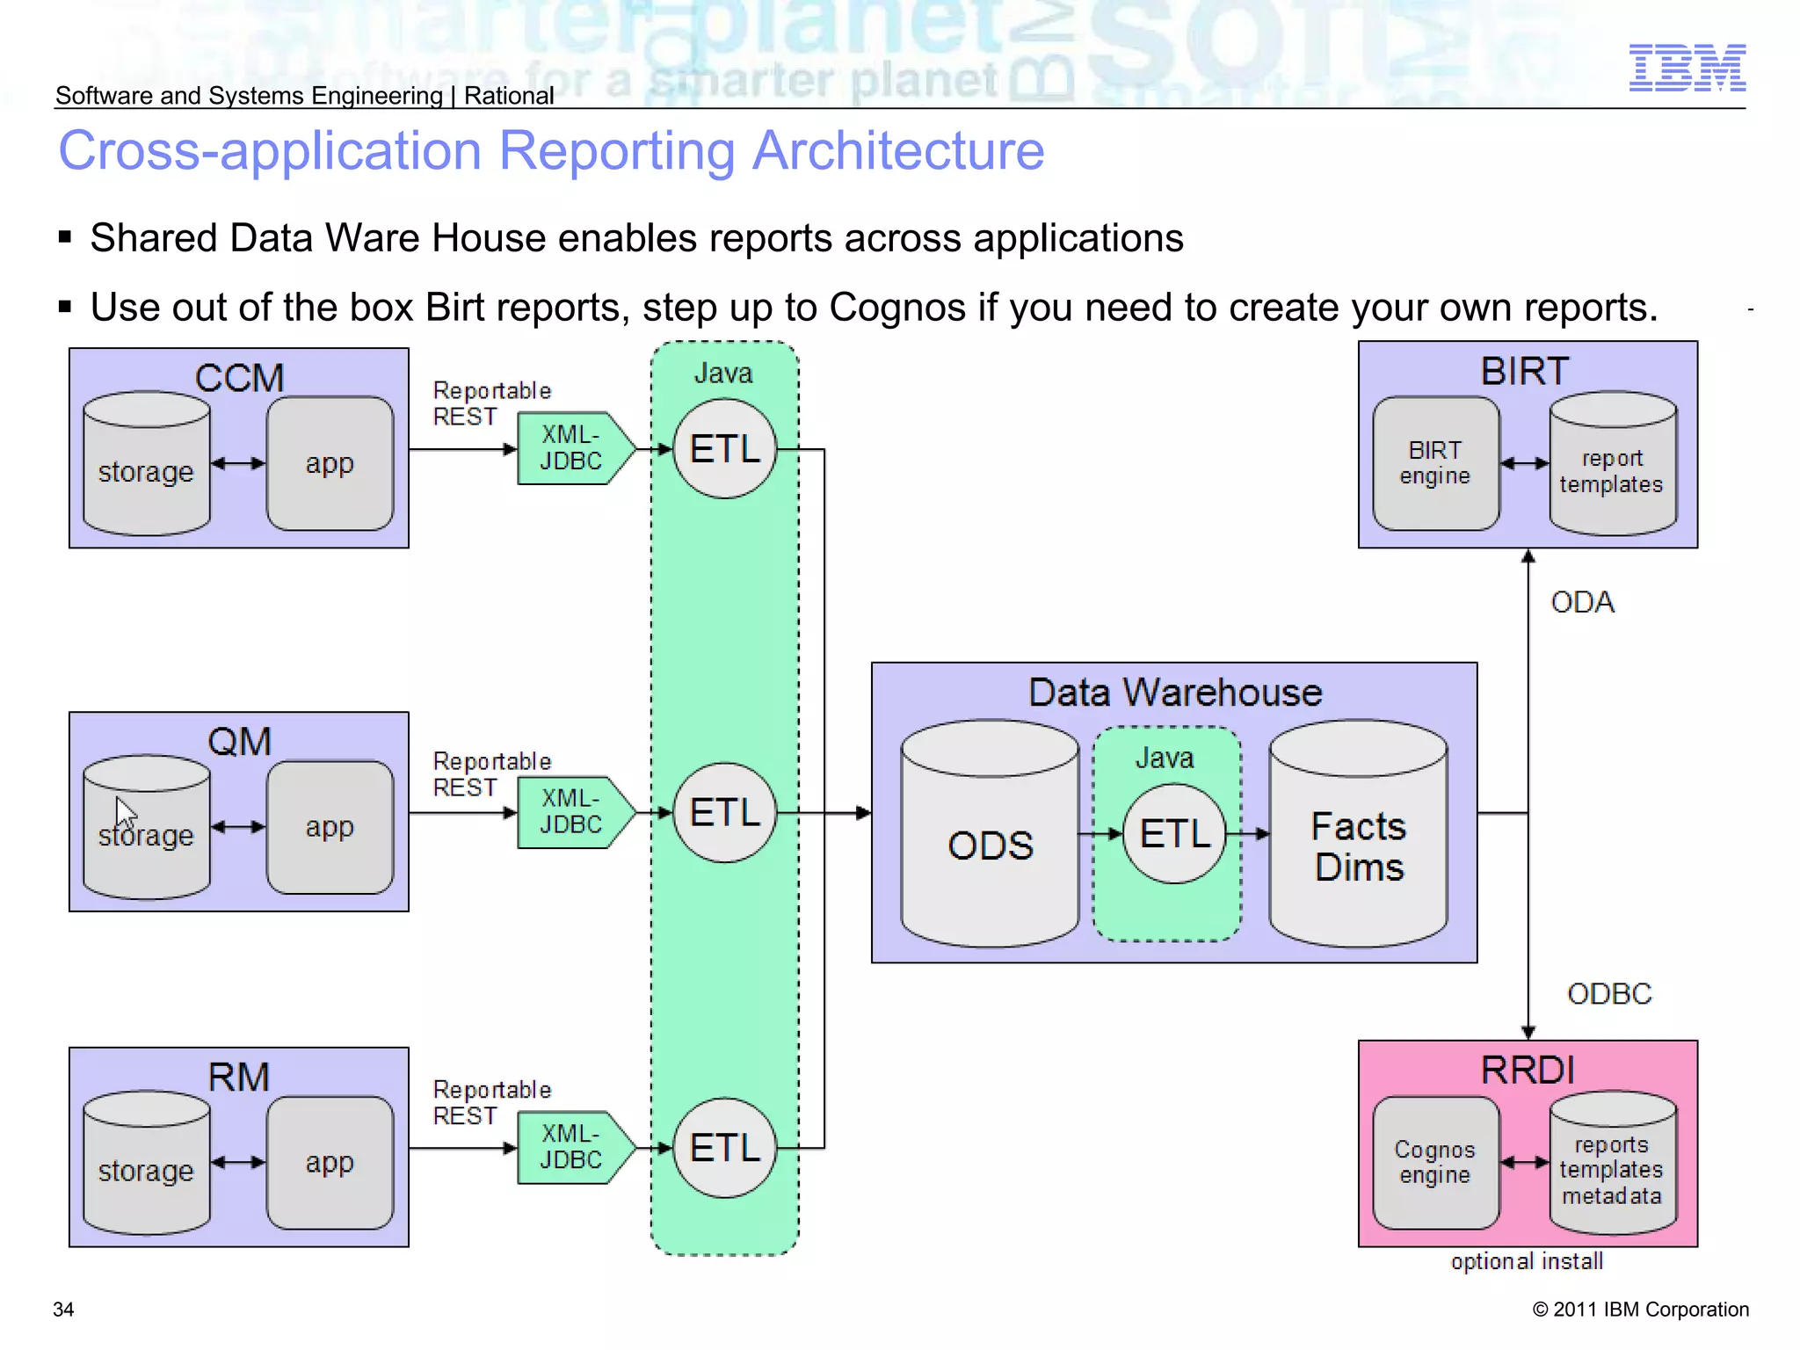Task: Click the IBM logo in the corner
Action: pyautogui.click(x=1687, y=68)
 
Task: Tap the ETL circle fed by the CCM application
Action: pyautogui.click(x=724, y=449)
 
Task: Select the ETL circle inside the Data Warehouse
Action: pyautogui.click(x=1174, y=833)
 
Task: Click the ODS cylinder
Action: pyautogui.click(x=990, y=844)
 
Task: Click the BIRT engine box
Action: pyautogui.click(x=1435, y=463)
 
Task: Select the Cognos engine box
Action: pyautogui.click(x=1435, y=1162)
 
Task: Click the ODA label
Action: pyautogui.click(x=1582, y=603)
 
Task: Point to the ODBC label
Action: pyautogui.click(x=1608, y=994)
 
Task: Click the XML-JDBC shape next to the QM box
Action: pyautogui.click(x=573, y=812)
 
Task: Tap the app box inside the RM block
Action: pyautogui.click(x=330, y=1162)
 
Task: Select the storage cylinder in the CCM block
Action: pyautogui.click(x=146, y=466)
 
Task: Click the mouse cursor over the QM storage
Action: pyautogui.click(x=125, y=812)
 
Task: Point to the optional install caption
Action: pyautogui.click(x=1527, y=1262)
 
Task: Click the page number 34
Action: pyautogui.click(x=63, y=1310)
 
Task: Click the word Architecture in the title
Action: pyautogui.click(x=898, y=150)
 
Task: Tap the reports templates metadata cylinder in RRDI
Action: pyautogui.click(x=1612, y=1167)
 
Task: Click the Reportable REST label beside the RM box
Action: pyautogui.click(x=490, y=1103)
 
